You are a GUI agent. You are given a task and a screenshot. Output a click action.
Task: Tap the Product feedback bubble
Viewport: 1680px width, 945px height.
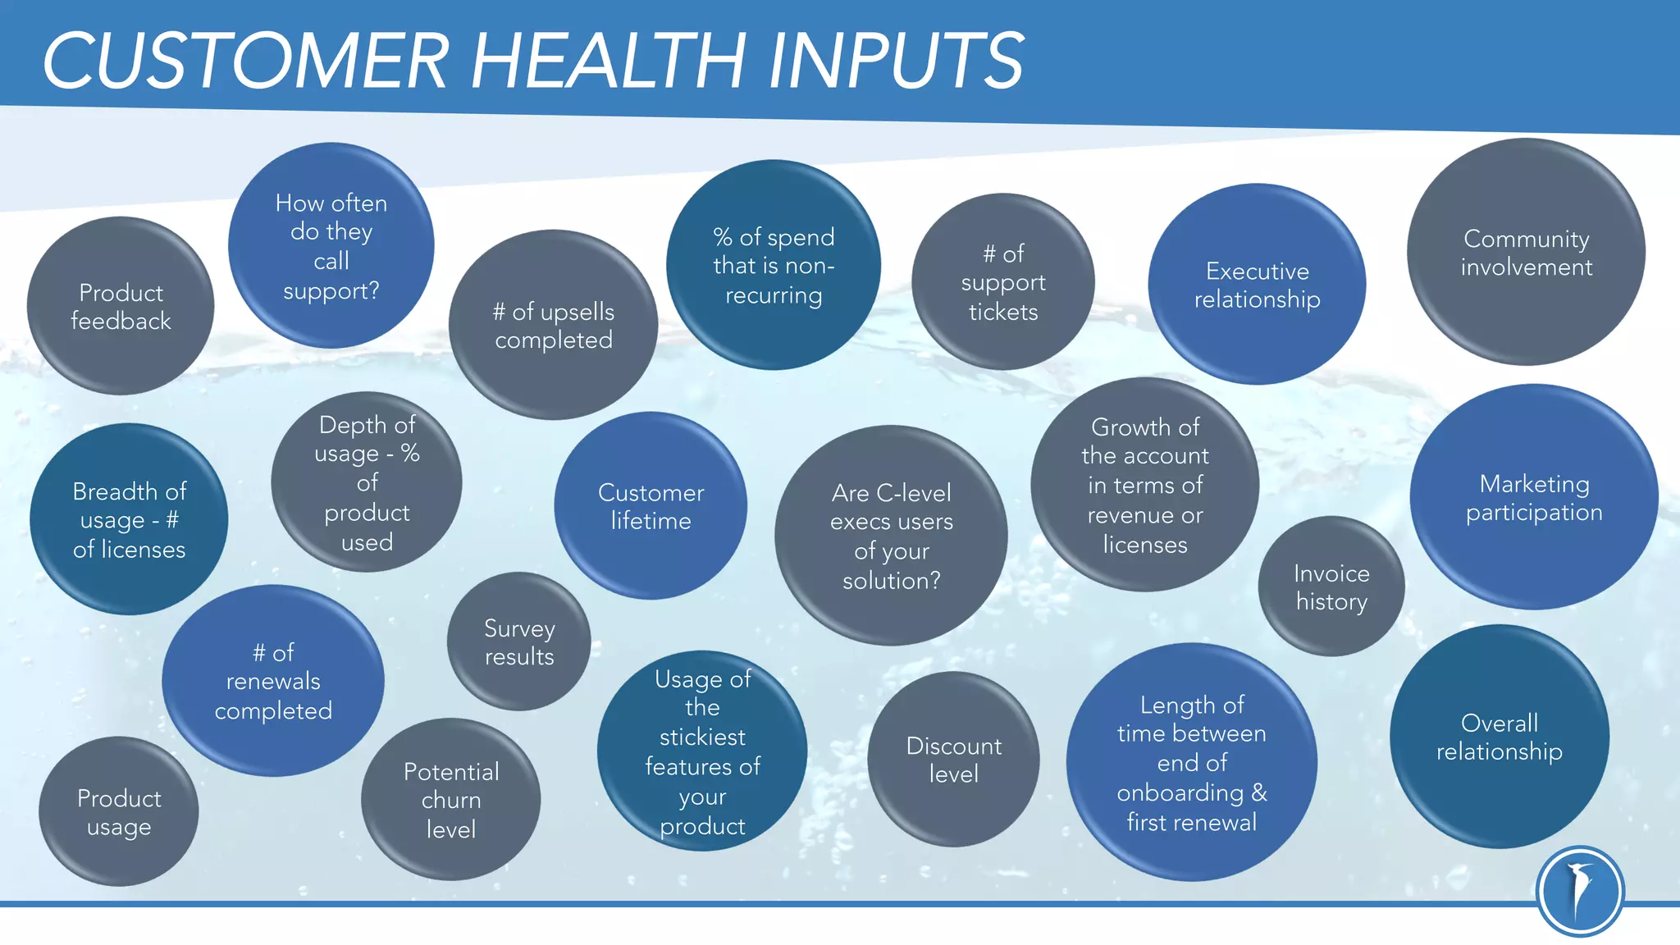click(121, 306)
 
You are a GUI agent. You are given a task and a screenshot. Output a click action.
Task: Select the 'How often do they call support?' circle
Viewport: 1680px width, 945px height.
click(331, 246)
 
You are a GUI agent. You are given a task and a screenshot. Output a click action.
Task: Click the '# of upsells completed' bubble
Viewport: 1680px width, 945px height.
click(554, 325)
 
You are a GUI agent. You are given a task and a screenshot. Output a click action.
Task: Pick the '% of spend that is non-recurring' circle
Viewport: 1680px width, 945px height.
click(774, 265)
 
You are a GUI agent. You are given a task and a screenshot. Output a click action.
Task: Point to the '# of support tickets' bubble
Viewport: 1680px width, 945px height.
click(1003, 282)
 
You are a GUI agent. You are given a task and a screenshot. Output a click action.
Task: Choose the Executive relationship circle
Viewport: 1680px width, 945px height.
click(1257, 285)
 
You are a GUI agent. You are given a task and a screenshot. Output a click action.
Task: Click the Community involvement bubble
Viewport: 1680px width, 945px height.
click(1526, 253)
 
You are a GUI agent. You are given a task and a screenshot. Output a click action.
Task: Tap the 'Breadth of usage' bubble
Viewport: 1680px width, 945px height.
click(129, 519)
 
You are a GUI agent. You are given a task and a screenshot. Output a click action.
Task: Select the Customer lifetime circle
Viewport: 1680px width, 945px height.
click(651, 506)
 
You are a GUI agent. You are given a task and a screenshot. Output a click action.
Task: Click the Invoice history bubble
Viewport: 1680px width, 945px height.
click(1331, 587)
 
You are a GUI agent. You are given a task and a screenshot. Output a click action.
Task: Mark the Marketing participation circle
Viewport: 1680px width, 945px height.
click(1534, 497)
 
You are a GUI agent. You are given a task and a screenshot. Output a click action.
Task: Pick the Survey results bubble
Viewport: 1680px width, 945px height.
click(519, 641)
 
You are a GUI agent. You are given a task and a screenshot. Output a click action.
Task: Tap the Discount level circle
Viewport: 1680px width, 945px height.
click(953, 760)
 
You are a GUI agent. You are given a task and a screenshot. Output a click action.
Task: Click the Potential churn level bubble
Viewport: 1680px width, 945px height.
click(450, 800)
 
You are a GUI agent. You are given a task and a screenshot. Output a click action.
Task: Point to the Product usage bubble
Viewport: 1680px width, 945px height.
click(119, 812)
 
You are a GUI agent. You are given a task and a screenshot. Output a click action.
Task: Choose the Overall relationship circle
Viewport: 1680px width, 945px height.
click(1500, 737)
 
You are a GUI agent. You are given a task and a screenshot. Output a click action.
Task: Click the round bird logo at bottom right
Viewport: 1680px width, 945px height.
click(1580, 892)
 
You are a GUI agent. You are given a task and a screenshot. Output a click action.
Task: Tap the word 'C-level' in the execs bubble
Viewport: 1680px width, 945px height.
click(914, 493)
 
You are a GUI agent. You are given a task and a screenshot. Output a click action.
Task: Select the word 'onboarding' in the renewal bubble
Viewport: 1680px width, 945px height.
click(1180, 793)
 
